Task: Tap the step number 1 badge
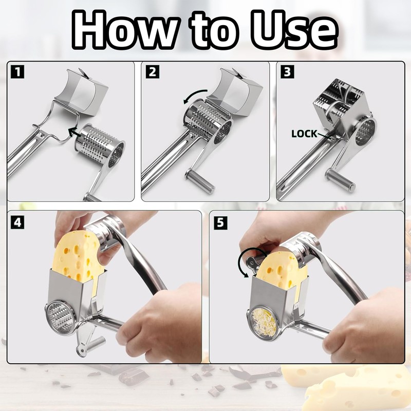(17, 72)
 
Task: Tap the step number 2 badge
(152, 72)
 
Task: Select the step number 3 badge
(287, 72)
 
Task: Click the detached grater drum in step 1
(100, 147)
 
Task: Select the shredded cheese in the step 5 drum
(265, 321)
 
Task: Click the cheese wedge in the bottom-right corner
(360, 385)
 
